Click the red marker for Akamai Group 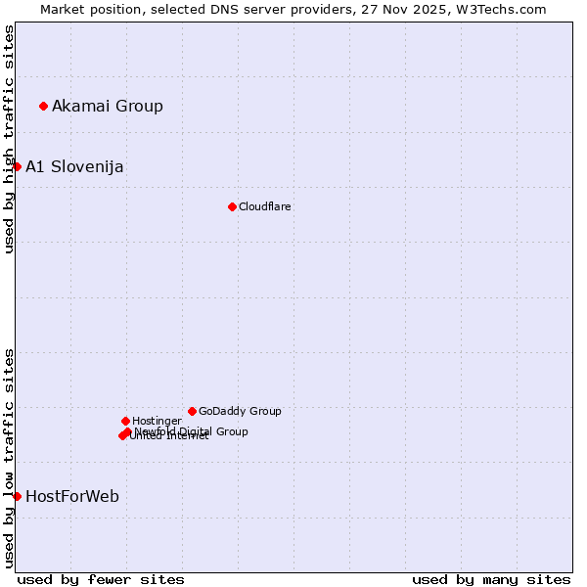tap(43, 106)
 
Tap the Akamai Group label tap(108, 106)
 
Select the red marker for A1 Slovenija tap(17, 166)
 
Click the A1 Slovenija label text tap(74, 166)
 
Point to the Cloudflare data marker tap(232, 206)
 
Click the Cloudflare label tap(265, 206)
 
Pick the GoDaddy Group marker tap(192, 411)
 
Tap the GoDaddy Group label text tap(240, 411)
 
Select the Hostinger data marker tap(125, 421)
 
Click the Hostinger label tap(158, 421)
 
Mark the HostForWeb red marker tap(17, 496)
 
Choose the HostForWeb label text tap(72, 496)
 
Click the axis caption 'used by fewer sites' tap(101, 579)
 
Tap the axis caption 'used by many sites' tap(491, 579)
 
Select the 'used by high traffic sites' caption tap(9, 139)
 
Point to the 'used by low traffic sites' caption tap(9, 458)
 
